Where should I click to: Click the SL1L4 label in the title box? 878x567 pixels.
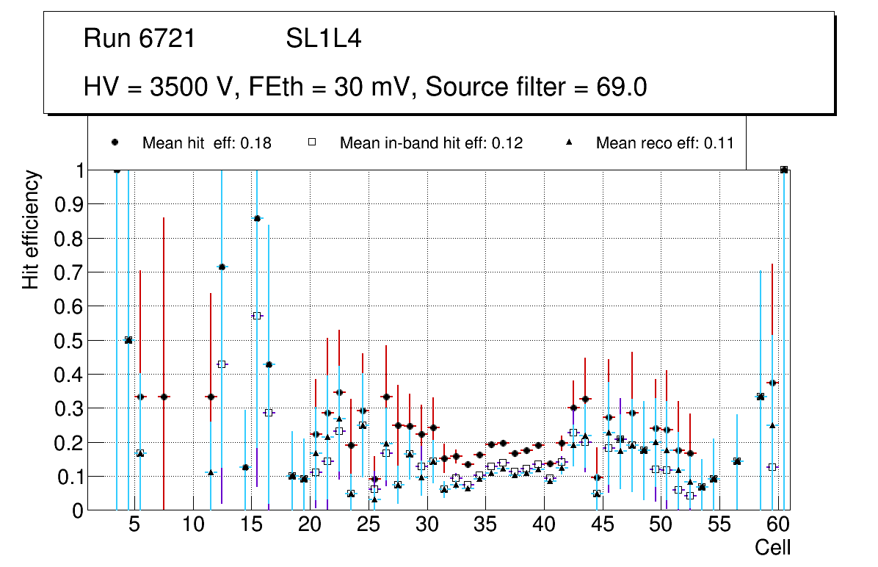(x=323, y=39)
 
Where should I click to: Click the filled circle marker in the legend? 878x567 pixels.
(x=115, y=142)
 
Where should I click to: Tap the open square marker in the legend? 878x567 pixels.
(x=311, y=142)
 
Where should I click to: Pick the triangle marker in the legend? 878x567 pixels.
(x=570, y=142)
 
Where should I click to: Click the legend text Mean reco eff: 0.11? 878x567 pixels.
(x=664, y=143)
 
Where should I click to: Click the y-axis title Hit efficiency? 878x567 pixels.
(x=31, y=229)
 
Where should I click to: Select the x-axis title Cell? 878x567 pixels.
(x=773, y=547)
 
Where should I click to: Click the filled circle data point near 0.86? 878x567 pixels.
(x=257, y=218)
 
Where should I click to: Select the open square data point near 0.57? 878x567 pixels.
(x=257, y=316)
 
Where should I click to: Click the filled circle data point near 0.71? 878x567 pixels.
(x=222, y=267)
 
